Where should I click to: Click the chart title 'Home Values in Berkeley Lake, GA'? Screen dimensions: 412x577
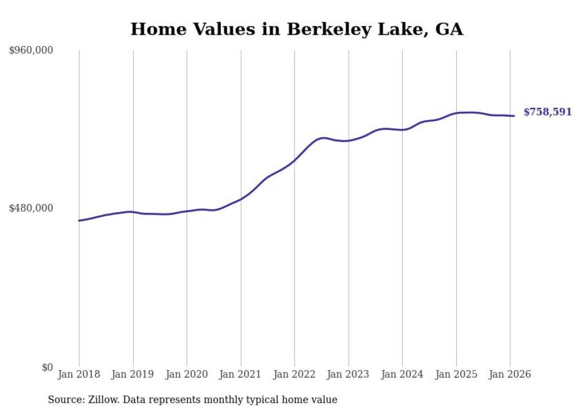click(x=297, y=29)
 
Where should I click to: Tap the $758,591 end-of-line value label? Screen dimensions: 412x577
click(x=547, y=112)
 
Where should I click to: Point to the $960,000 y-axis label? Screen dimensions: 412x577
click(x=31, y=51)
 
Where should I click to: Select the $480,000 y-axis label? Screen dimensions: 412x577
click(x=31, y=208)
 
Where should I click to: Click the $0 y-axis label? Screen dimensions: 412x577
click(x=47, y=368)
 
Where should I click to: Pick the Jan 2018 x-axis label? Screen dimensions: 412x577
click(x=79, y=375)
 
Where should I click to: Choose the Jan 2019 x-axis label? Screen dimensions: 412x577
click(x=132, y=375)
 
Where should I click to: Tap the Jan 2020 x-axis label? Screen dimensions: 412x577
click(x=187, y=375)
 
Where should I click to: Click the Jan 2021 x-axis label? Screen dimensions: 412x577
click(x=240, y=375)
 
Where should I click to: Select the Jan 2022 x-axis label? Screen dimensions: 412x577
click(x=294, y=375)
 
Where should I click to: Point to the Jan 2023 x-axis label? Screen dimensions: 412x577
click(x=348, y=375)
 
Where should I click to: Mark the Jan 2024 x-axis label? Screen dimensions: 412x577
click(x=402, y=375)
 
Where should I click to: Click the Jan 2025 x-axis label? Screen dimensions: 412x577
click(x=456, y=375)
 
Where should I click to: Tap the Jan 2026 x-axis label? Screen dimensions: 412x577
click(x=510, y=375)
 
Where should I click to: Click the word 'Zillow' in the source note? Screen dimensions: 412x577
click(x=101, y=400)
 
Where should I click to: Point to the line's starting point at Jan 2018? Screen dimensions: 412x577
click(x=79, y=220)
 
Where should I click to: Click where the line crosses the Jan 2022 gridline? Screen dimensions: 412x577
click(x=294, y=160)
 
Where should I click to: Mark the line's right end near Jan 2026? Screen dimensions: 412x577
click(x=514, y=116)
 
